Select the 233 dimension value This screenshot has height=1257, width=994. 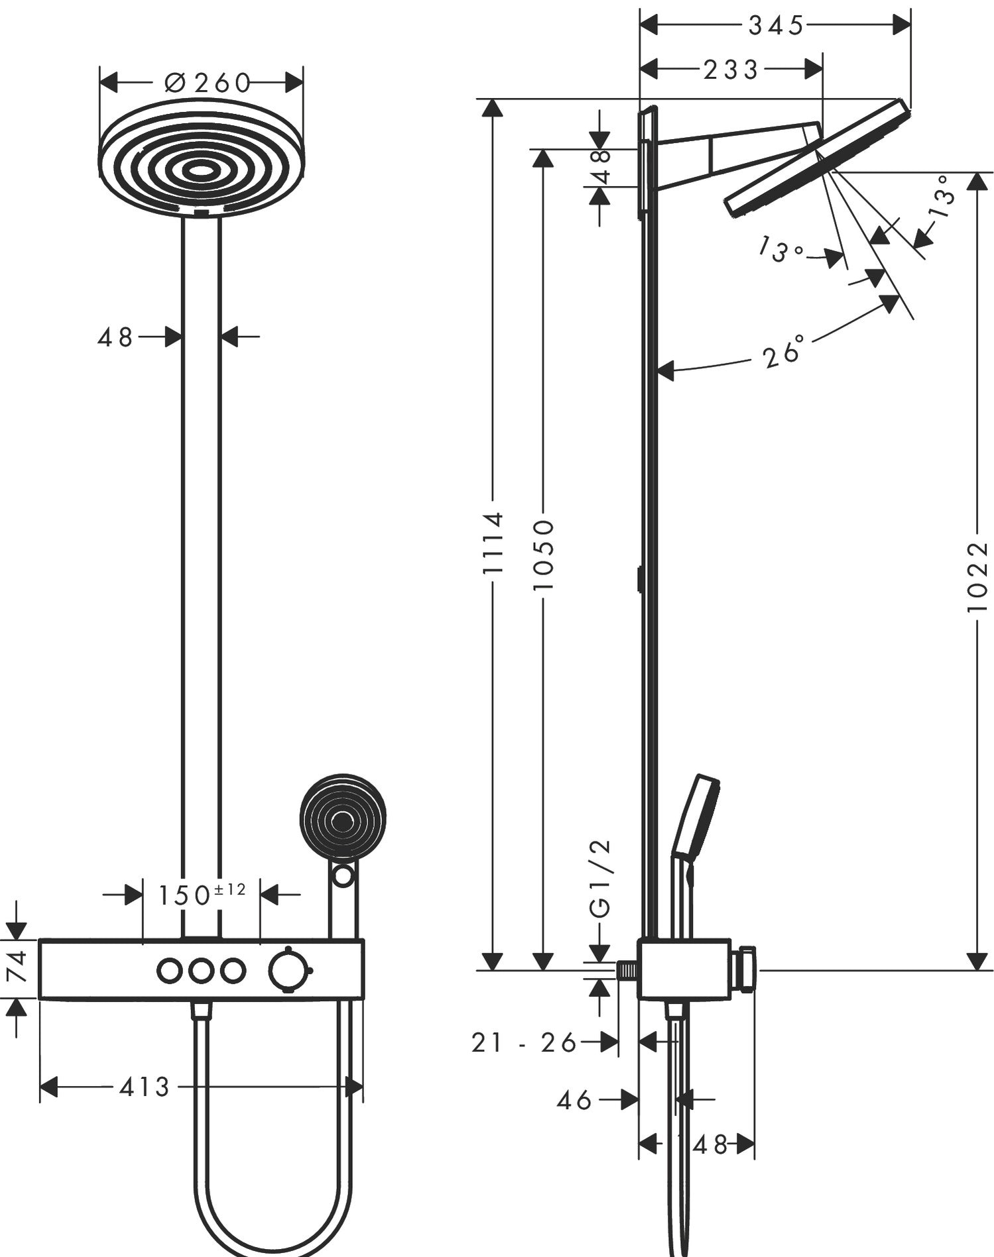[730, 70]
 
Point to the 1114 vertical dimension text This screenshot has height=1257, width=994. [493, 542]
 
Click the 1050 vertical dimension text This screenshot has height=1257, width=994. [543, 555]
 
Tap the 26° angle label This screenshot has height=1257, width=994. [784, 352]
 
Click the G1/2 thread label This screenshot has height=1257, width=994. [599, 879]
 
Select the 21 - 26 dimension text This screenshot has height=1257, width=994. [524, 1043]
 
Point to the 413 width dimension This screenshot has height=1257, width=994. [145, 1087]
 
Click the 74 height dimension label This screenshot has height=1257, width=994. [18, 967]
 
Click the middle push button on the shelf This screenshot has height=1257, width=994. [201, 971]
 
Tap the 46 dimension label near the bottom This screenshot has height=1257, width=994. [574, 1101]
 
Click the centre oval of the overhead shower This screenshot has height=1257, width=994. [199, 171]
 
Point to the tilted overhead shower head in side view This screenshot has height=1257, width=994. [815, 159]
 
